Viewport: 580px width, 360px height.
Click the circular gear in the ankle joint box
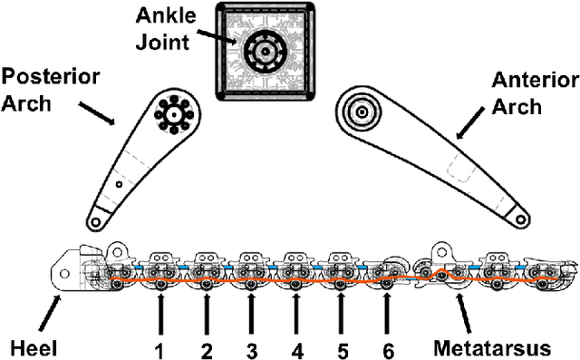point(264,50)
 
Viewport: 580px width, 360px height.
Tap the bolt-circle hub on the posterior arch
point(170,114)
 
